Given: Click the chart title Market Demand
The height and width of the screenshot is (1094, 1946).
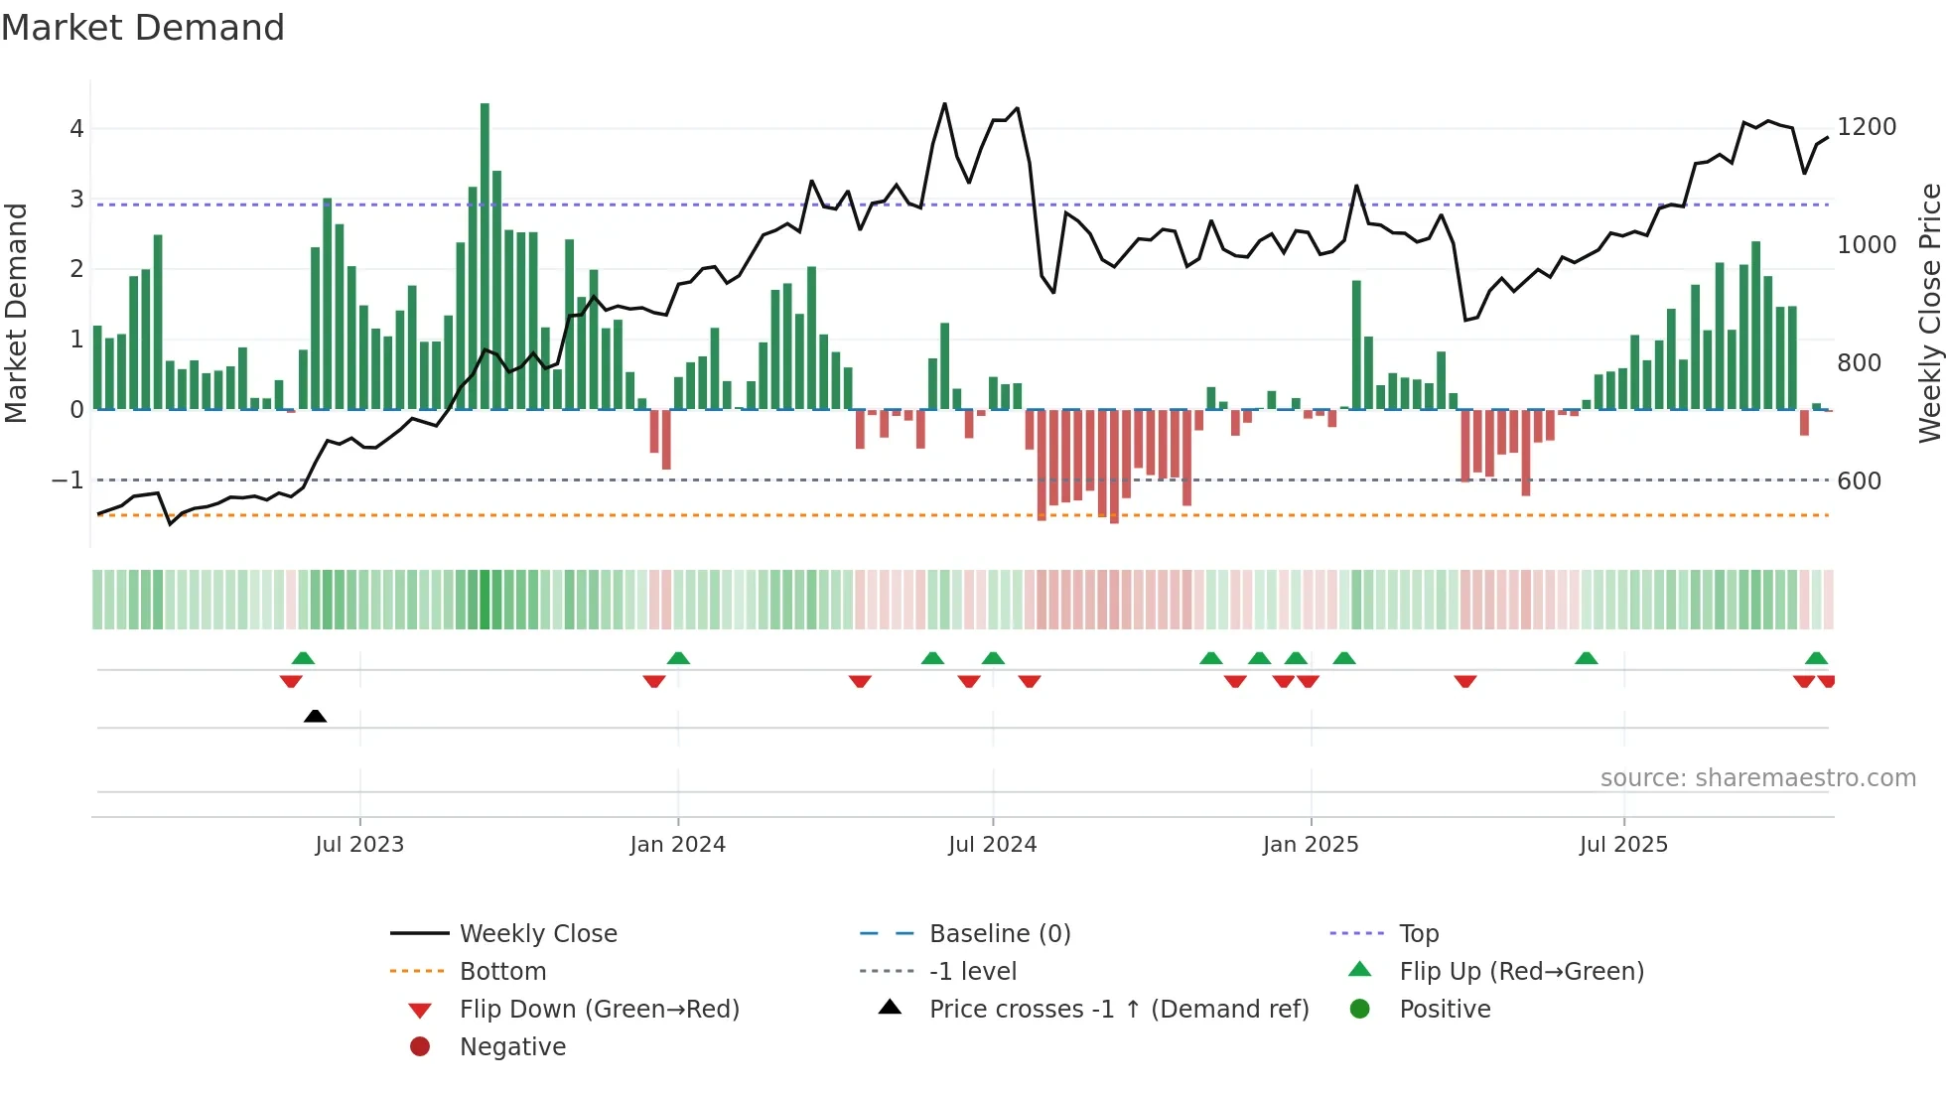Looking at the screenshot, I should pyautogui.click(x=143, y=28).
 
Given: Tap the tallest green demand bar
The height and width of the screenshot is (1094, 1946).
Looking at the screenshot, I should pyautogui.click(x=485, y=256).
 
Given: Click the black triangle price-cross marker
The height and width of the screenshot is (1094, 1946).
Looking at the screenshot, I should pyautogui.click(x=315, y=716).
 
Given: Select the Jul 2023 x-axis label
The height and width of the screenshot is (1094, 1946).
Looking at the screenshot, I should pyautogui.click(x=359, y=845).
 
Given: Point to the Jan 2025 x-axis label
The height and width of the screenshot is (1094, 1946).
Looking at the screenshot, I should pyautogui.click(x=1311, y=845).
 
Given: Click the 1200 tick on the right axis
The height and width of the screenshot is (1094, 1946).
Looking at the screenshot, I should pyautogui.click(x=1867, y=127).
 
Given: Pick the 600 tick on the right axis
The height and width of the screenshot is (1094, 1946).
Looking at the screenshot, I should pyautogui.click(x=1859, y=481).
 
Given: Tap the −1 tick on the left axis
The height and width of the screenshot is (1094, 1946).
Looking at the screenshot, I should pyautogui.click(x=68, y=480).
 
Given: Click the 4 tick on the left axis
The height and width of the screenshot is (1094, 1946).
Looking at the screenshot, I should pyautogui.click(x=76, y=129).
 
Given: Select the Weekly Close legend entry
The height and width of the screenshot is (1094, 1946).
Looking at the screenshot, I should pyautogui.click(x=537, y=934).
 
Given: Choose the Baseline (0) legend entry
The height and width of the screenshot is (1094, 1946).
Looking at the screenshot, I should pyautogui.click(x=999, y=934).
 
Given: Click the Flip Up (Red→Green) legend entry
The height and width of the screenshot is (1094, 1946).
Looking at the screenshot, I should pyautogui.click(x=1521, y=972).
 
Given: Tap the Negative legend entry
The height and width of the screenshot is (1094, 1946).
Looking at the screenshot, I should pyautogui.click(x=512, y=1047).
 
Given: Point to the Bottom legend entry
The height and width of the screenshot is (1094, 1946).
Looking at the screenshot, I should pyautogui.click(x=502, y=972).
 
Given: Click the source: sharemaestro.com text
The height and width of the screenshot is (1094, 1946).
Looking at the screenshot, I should pyautogui.click(x=1757, y=778).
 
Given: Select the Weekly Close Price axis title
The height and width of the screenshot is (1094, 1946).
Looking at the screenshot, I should pyautogui.click(x=1929, y=313).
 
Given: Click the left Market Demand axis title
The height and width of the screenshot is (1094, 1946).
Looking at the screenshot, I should pyautogui.click(x=17, y=313).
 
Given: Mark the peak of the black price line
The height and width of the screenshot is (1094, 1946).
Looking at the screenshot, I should pyautogui.click(x=944, y=103).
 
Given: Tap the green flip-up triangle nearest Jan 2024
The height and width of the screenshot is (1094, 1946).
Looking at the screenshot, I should pyautogui.click(x=678, y=658).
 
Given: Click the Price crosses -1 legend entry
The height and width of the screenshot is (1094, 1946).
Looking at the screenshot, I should pyautogui.click(x=1118, y=1010).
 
